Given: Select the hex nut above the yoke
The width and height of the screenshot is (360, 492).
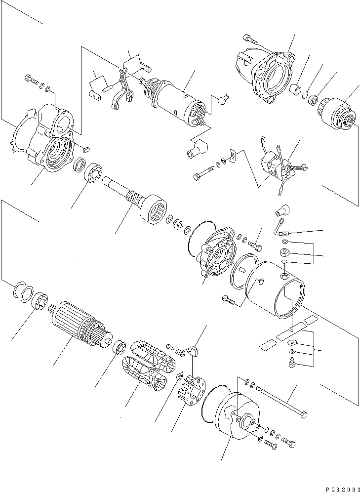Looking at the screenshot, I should [284, 254].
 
